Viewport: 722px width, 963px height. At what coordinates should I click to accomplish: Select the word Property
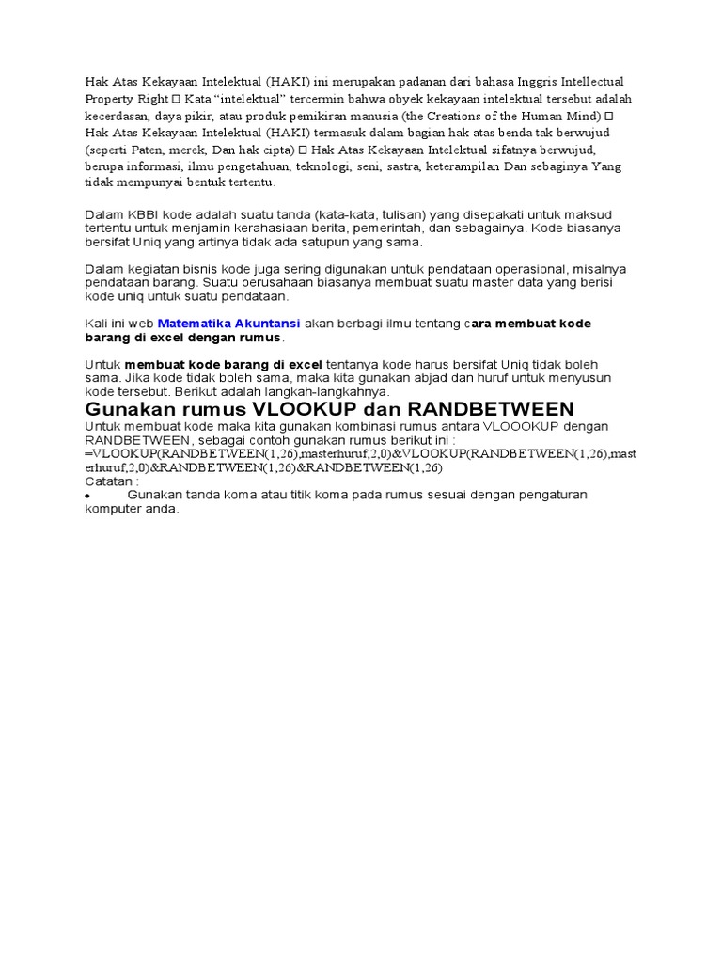point(109,99)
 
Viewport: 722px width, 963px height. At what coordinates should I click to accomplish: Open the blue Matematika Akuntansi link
point(229,324)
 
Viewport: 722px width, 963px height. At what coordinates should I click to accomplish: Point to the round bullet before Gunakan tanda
point(87,496)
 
